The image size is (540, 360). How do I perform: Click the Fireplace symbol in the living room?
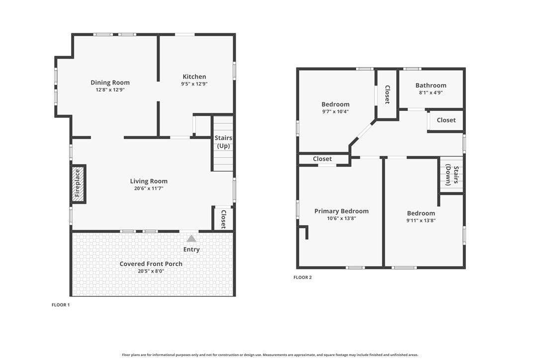click(x=78, y=183)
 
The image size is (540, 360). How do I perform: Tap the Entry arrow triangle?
click(x=191, y=238)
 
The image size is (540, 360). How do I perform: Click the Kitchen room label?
click(x=194, y=77)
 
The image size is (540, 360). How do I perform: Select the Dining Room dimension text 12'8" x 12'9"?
click(x=110, y=90)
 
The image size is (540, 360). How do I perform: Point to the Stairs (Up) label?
click(x=223, y=142)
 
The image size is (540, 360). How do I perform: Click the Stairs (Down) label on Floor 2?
click(x=452, y=175)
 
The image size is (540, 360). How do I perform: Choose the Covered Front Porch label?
click(x=151, y=264)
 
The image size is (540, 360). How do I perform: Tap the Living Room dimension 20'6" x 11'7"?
click(x=149, y=188)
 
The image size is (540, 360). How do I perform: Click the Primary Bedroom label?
click(x=341, y=211)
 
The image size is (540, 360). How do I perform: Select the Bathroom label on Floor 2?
click(x=431, y=86)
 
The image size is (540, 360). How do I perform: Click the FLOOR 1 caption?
click(x=61, y=305)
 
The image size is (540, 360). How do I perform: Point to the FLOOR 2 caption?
click(x=302, y=277)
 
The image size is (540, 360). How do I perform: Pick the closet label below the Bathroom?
click(x=446, y=120)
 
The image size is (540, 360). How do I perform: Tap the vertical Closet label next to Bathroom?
click(x=387, y=94)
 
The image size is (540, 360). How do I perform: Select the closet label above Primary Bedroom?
click(x=322, y=159)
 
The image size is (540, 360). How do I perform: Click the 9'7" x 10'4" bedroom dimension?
click(x=336, y=111)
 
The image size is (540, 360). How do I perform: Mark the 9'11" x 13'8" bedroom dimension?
click(x=421, y=221)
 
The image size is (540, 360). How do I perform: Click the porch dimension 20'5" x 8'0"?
click(x=151, y=271)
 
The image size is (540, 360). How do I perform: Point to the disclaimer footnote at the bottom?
click(x=270, y=355)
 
